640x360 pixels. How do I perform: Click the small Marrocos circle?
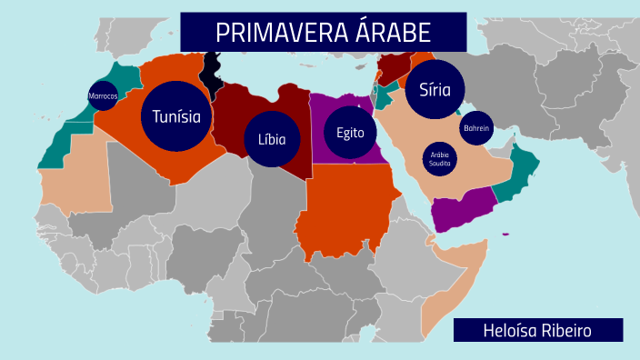pos(103,95)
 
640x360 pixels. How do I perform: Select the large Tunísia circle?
pos(176,116)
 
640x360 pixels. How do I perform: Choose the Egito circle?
pos(350,133)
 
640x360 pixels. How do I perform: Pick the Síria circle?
pos(435,89)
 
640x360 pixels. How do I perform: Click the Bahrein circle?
pos(476,128)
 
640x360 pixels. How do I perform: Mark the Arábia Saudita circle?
pos(440,158)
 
